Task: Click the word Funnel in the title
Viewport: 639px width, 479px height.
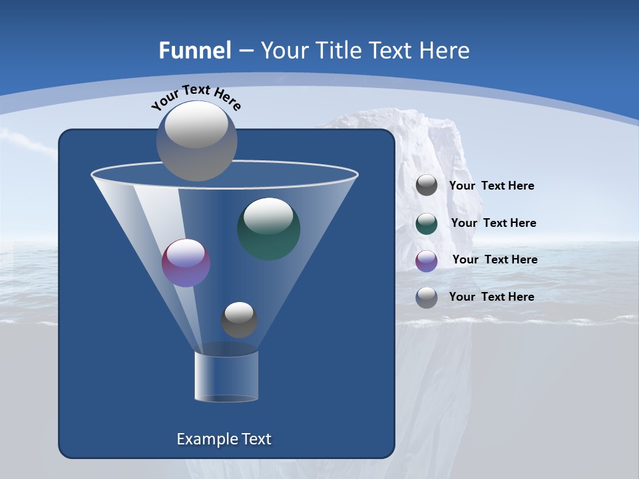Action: pos(194,51)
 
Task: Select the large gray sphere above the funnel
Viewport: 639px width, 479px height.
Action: pos(197,142)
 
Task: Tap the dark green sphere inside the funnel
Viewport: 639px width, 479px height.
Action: pos(268,228)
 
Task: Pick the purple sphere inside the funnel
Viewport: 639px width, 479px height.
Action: pos(186,263)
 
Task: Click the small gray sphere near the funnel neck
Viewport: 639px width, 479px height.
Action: pos(239,320)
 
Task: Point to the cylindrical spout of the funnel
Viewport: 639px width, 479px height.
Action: pos(226,376)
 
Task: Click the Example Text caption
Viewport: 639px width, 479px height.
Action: pos(224,439)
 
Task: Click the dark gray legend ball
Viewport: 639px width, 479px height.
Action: pos(427,186)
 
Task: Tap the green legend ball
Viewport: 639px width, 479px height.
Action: pos(427,224)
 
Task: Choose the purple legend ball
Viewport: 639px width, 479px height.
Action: pos(427,261)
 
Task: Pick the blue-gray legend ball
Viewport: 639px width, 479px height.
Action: pos(427,297)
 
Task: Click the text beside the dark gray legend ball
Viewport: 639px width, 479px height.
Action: pos(491,186)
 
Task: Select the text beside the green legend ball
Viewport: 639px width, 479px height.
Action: pos(493,224)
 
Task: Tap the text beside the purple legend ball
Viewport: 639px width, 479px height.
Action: pos(495,260)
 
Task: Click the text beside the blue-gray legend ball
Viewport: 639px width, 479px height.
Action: pos(491,297)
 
